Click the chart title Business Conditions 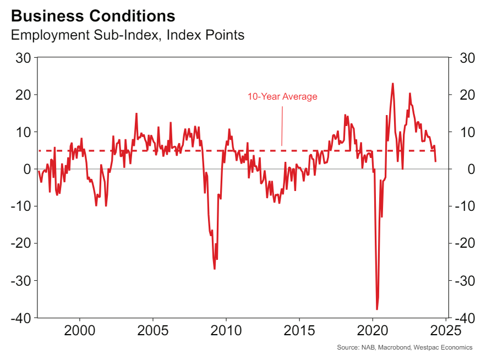tap(93, 15)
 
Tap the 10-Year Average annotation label tap(282, 97)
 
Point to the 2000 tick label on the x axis tap(80, 331)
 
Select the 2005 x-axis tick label tap(152, 331)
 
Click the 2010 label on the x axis tap(226, 331)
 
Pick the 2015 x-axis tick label tap(299, 331)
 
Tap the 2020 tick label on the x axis tap(372, 331)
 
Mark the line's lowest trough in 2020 tap(377, 309)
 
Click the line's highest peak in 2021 tap(392, 84)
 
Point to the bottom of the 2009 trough tap(214, 269)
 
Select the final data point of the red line tap(436, 161)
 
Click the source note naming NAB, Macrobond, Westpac tap(404, 347)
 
